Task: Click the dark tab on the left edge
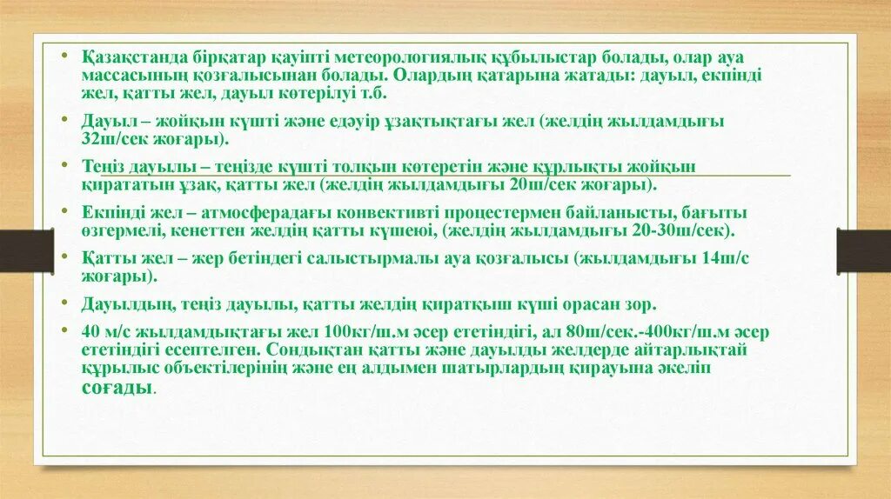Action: pyautogui.click(x=26, y=250)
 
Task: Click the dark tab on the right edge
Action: pyautogui.click(x=863, y=250)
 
